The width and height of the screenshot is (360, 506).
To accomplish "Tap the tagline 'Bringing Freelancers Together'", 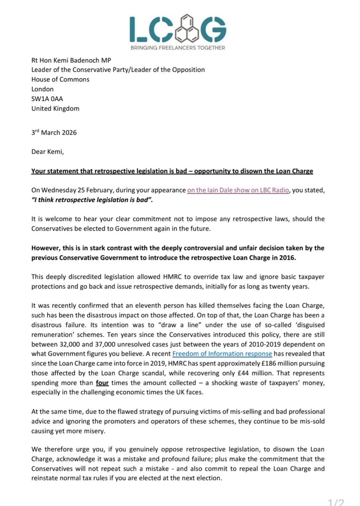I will pos(180,48).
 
